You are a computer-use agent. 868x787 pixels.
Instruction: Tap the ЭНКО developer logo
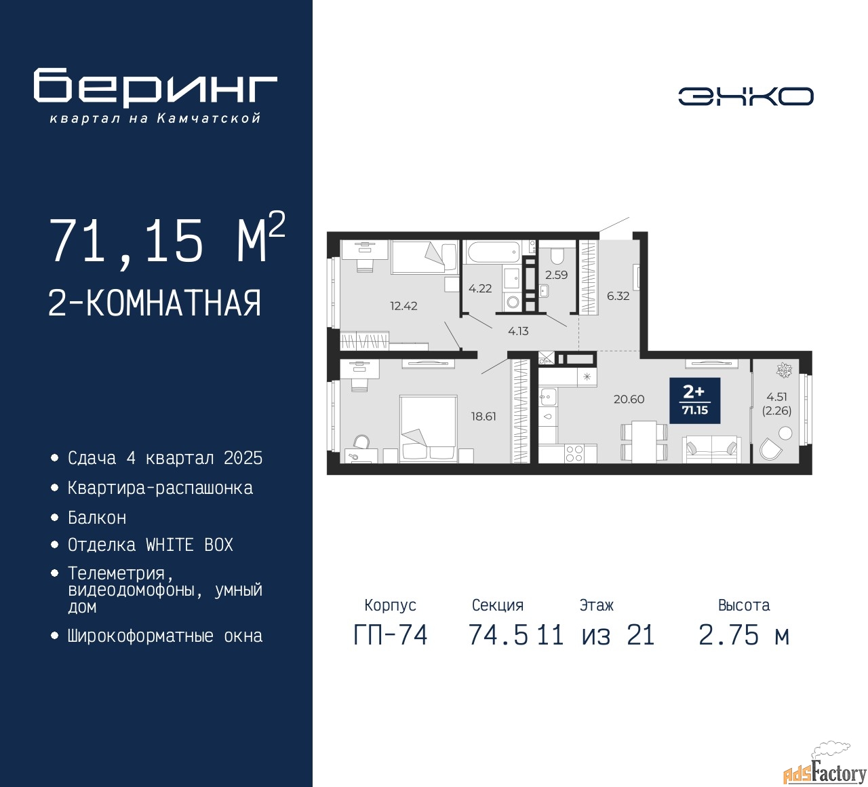(745, 96)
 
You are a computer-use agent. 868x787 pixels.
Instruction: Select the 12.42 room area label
(403, 306)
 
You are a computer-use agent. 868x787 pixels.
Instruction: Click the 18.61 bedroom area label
(484, 417)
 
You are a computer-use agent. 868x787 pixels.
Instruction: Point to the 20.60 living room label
(629, 399)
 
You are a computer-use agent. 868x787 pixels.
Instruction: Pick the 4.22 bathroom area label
(480, 289)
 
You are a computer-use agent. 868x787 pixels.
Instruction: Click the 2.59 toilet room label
(556, 275)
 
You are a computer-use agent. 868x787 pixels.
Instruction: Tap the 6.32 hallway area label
(618, 296)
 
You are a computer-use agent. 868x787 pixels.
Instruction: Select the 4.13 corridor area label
(518, 331)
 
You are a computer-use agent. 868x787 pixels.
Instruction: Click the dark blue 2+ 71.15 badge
(695, 400)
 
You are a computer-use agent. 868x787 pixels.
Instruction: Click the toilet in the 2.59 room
(557, 255)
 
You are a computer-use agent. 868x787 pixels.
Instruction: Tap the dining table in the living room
(644, 441)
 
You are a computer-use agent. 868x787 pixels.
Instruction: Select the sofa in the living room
(711, 449)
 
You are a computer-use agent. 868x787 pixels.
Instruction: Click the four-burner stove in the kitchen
(574, 453)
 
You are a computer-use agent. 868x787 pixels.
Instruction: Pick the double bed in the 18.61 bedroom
(429, 429)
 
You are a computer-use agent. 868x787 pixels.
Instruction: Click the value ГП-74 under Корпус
(391, 636)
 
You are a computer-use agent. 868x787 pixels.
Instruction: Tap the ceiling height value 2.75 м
(744, 636)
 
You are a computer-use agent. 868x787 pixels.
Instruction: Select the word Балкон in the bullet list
(97, 518)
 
